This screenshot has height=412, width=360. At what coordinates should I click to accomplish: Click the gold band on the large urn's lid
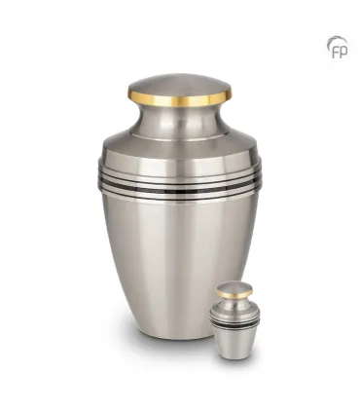tap(180, 96)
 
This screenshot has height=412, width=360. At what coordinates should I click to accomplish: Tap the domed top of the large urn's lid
tap(180, 82)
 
